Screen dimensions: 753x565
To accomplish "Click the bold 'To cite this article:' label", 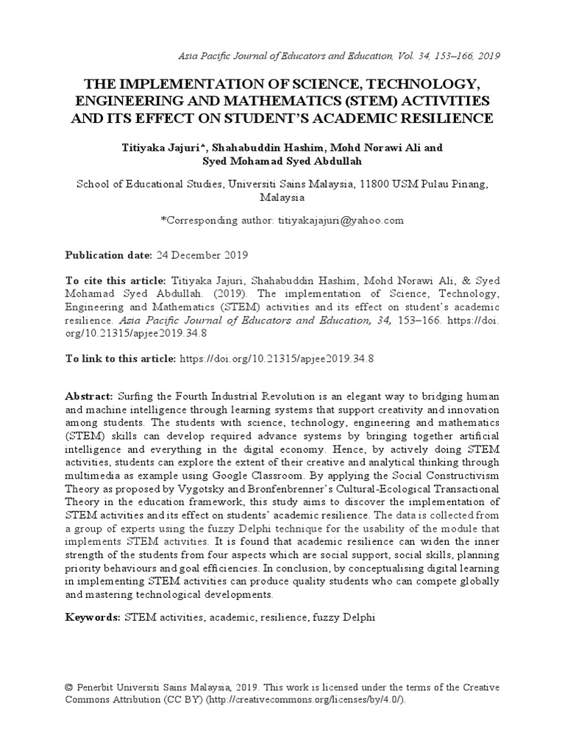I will pos(116,281).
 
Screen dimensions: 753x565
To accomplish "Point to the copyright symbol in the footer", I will pos(69,687).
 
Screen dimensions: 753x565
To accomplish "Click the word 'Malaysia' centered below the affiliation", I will pos(282,197).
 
